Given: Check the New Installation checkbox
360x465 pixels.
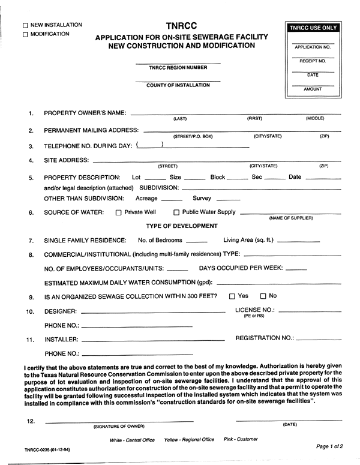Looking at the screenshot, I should pyautogui.click(x=25, y=26).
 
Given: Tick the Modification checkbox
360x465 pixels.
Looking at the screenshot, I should pyautogui.click(x=25, y=35).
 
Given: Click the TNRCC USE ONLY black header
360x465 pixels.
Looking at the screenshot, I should pyautogui.click(x=313, y=28).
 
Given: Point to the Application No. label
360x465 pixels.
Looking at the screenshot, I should pyautogui.click(x=313, y=46).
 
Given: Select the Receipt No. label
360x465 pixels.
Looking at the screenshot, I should pyautogui.click(x=313, y=61).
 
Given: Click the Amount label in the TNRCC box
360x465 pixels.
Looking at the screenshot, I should pyautogui.click(x=313, y=89).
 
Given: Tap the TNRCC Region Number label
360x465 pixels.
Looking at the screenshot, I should pyautogui.click(x=178, y=68).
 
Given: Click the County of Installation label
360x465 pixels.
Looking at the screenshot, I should pyautogui.click(x=178, y=85).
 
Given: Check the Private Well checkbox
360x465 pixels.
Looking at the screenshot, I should pyautogui.click(x=118, y=212).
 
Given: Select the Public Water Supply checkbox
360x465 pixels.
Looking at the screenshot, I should pyautogui.click(x=176, y=212).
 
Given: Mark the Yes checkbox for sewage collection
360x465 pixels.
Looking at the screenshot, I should pyautogui.click(x=232, y=296).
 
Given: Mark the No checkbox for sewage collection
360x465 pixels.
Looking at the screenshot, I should pyautogui.click(x=263, y=296).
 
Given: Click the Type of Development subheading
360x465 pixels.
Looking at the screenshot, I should pyautogui.click(x=182, y=226).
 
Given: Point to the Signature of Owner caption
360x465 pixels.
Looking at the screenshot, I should pyautogui.click(x=119, y=427).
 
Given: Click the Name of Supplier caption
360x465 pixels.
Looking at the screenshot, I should pyautogui.click(x=291, y=218).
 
